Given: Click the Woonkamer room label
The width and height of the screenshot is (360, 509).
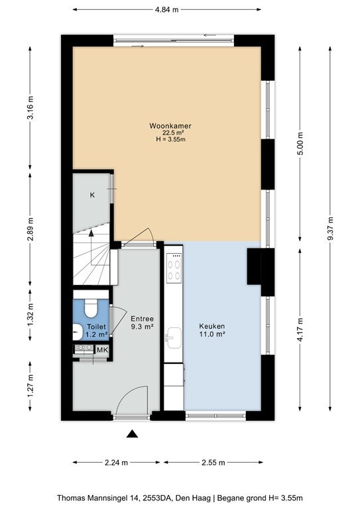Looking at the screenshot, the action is tap(170, 126).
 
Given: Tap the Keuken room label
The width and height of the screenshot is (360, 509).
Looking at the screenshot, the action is tap(212, 326).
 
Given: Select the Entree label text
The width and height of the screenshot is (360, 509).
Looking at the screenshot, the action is tap(142, 319).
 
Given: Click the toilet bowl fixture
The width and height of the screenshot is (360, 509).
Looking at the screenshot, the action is tap(91, 308).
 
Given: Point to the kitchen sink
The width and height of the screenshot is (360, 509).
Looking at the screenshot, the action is tap(174, 338).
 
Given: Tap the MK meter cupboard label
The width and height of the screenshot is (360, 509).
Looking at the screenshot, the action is tap(102, 350).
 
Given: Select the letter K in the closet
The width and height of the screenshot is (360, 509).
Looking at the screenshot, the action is tap(92, 195).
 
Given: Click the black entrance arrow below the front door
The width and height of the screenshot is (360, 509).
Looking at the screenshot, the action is tap(132, 433).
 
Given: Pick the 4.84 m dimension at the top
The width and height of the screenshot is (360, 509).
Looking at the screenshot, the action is tap(167, 10).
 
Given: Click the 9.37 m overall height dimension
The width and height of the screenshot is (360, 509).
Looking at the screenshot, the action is tap(330, 228).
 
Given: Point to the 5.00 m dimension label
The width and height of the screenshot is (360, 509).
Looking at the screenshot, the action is tap(300, 144).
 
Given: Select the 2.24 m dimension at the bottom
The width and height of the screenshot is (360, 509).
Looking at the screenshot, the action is tap(116, 463).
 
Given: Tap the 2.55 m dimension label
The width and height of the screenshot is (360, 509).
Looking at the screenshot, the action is tap(213, 463).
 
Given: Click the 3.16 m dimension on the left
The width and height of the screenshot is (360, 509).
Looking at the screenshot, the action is tap(30, 108).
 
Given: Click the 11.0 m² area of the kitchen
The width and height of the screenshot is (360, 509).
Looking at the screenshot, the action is tap(213, 334).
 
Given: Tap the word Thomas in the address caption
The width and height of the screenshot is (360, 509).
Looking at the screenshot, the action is tap(69, 498).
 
